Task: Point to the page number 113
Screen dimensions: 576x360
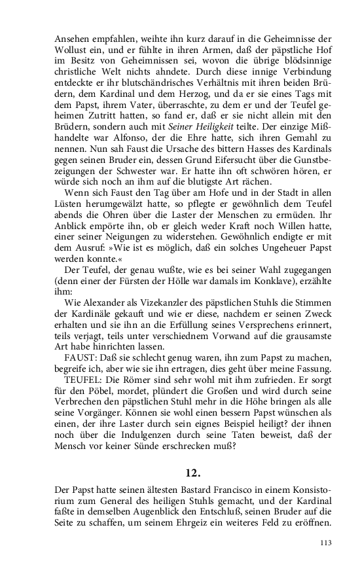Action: (x=327, y=543)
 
